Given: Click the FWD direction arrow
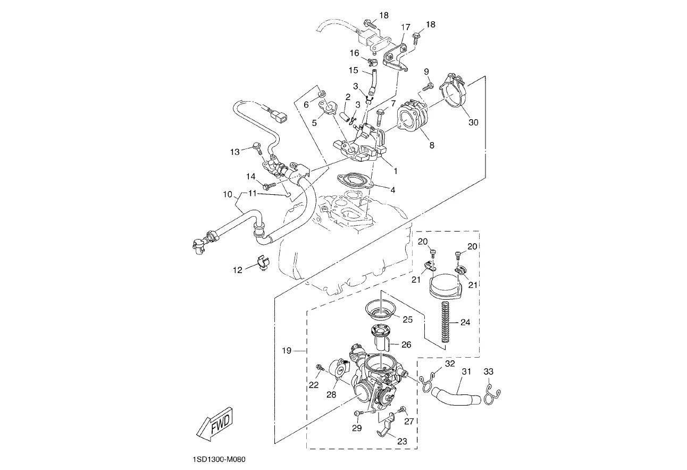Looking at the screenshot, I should [x=214, y=426].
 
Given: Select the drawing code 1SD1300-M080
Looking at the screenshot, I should [x=220, y=459].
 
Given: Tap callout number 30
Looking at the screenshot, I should [x=473, y=122].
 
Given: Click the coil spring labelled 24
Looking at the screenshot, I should [x=446, y=322].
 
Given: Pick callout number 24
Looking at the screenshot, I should [x=465, y=322].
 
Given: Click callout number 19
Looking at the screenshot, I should [x=287, y=351].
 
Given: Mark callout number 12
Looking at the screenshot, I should [x=238, y=270].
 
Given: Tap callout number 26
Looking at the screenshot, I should [x=406, y=345].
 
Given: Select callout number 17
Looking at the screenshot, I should [x=406, y=27].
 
